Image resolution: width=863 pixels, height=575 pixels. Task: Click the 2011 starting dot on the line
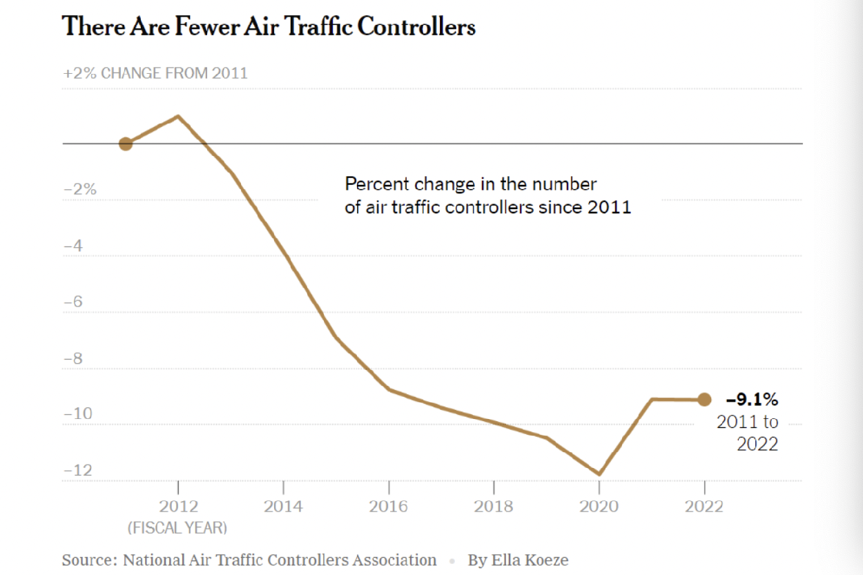(125, 144)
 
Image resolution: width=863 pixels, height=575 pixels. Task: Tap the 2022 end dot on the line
(704, 399)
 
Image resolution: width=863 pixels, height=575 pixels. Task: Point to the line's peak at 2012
(179, 116)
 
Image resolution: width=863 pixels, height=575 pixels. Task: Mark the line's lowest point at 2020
(599, 474)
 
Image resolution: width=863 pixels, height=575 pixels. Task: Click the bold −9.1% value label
(752, 399)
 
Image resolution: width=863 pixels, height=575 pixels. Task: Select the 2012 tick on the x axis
(178, 507)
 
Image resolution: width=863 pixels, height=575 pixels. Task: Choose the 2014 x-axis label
(283, 507)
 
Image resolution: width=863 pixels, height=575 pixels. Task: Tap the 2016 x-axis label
(389, 507)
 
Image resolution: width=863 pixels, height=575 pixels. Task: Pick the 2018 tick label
(494, 507)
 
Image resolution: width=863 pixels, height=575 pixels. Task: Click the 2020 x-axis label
(599, 507)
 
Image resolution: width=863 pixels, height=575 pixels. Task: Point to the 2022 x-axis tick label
(704, 507)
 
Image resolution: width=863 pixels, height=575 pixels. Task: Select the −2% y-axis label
(79, 189)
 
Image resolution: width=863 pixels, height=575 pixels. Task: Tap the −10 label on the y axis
(78, 414)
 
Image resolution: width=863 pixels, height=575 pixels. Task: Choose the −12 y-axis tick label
(78, 471)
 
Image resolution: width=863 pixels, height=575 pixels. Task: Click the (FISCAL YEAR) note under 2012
(177, 528)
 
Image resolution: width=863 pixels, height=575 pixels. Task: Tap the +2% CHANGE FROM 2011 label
(155, 73)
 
